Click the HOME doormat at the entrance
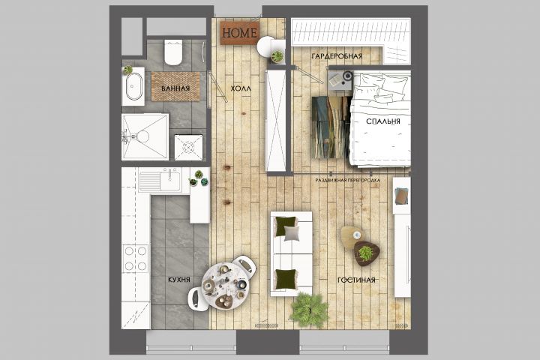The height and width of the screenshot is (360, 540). (240, 33)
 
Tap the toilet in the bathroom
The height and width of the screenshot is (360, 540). (173, 52)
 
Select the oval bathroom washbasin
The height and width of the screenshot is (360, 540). (133, 86)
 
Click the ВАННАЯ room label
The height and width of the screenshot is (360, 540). (175, 88)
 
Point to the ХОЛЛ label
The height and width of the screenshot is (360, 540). (241, 88)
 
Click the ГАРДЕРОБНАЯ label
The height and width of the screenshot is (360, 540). (337, 55)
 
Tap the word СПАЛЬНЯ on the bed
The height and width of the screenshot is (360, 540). (383, 121)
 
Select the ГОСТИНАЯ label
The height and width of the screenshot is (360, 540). (356, 280)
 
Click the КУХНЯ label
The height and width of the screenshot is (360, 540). (179, 280)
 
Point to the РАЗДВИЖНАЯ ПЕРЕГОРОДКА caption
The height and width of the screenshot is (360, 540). (348, 180)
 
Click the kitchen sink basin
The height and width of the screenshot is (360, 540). (170, 180)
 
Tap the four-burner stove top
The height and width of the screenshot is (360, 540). (135, 258)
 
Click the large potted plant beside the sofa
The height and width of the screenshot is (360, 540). (309, 310)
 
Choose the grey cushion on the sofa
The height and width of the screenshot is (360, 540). (292, 234)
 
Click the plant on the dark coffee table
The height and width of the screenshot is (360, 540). (366, 253)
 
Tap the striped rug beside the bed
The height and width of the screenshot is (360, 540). (331, 127)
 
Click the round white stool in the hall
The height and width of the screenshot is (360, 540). (266, 46)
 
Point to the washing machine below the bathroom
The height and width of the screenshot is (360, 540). (188, 148)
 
